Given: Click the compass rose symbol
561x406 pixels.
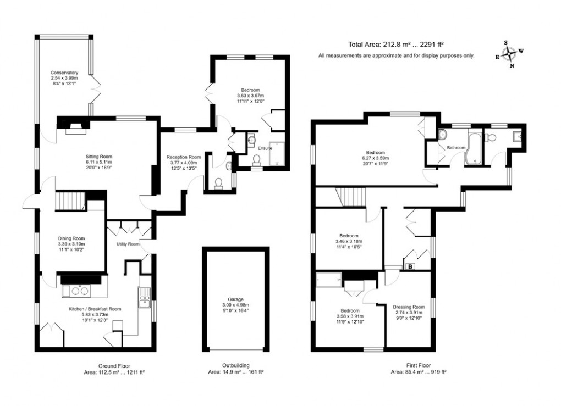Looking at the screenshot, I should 511,54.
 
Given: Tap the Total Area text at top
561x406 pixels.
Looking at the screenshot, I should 397,46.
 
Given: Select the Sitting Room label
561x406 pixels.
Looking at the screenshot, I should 98,157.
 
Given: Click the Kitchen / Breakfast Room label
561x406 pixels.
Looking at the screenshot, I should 94,309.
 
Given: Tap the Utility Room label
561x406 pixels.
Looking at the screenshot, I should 128,244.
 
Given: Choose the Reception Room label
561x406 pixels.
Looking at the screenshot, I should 184,157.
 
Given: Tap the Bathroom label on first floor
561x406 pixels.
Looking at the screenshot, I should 456,148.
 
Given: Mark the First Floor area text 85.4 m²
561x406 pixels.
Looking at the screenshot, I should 418,372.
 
